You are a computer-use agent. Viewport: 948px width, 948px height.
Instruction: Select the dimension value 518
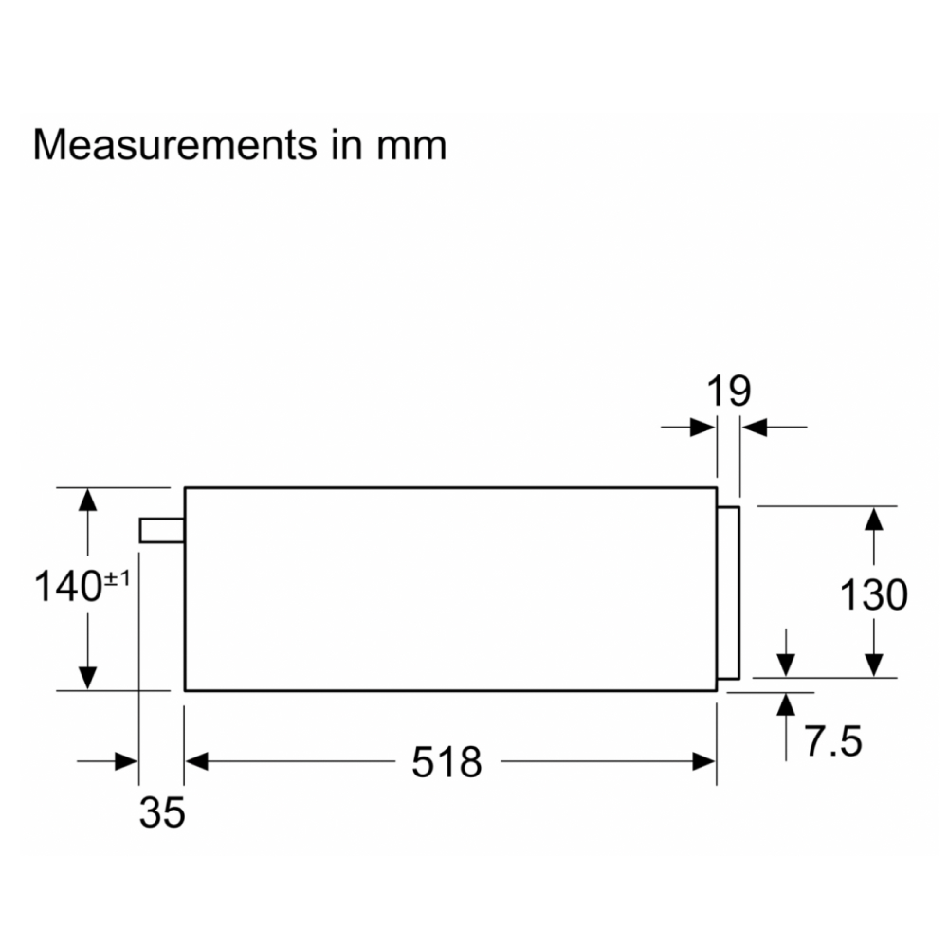(x=447, y=761)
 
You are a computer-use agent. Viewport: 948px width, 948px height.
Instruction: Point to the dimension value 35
(x=162, y=812)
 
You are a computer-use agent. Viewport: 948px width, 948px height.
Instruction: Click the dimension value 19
(x=727, y=391)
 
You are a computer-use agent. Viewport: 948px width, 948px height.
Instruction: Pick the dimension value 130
(x=874, y=594)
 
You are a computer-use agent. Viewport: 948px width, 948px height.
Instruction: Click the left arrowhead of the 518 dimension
(x=195, y=760)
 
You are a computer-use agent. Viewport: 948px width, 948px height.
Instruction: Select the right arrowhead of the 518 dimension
(x=704, y=760)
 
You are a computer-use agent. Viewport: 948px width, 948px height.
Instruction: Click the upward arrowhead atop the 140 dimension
(x=87, y=500)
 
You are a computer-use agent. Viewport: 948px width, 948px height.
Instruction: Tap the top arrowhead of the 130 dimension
(x=874, y=518)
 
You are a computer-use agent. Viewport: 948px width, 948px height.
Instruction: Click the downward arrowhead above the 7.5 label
(x=786, y=665)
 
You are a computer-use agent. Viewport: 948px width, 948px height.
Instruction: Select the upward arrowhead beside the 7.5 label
(x=786, y=704)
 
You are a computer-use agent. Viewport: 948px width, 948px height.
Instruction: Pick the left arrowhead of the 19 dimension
(x=703, y=428)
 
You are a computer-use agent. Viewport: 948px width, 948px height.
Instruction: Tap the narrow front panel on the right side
(x=728, y=593)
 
